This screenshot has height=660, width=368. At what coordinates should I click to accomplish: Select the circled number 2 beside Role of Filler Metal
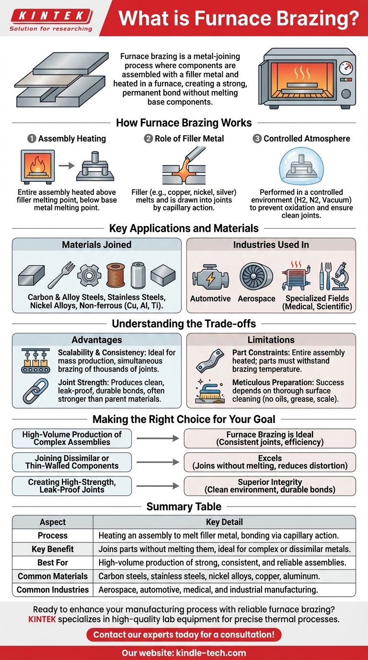[x=149, y=139]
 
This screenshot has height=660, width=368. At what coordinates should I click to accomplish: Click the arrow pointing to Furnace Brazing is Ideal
[x=157, y=438]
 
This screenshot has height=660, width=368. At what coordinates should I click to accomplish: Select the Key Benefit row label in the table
[x=53, y=549]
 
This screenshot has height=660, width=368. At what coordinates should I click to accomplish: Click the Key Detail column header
[x=224, y=522]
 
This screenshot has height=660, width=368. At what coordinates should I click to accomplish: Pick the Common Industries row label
[x=53, y=589]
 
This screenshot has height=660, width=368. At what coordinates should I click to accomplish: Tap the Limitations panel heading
[x=271, y=340]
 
